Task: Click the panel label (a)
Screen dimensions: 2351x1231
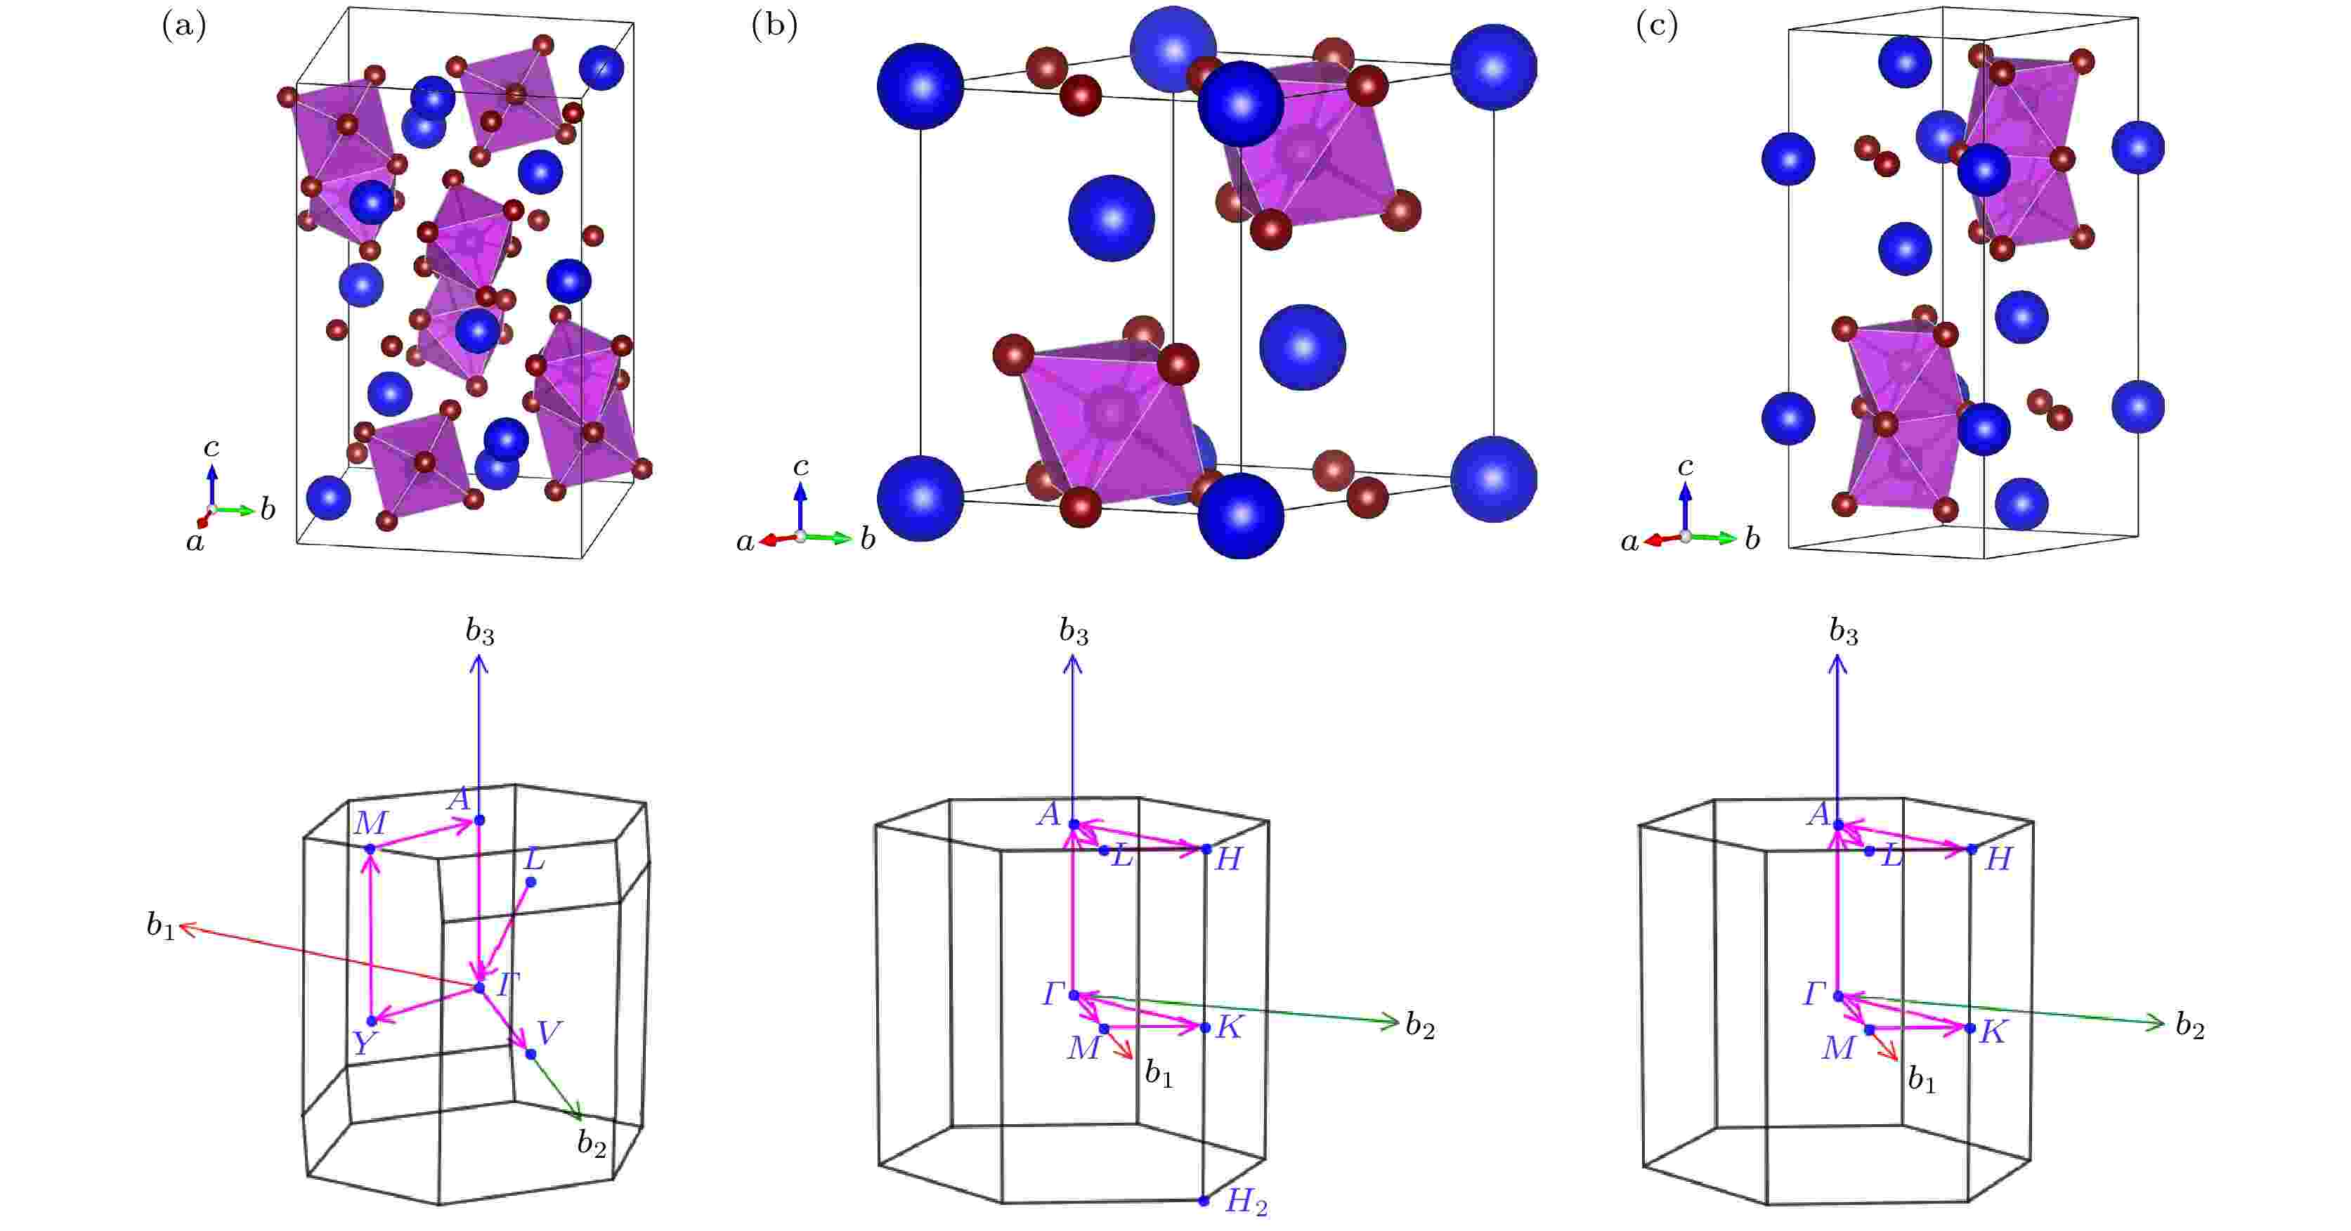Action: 184,27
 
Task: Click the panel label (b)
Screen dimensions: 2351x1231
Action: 774,27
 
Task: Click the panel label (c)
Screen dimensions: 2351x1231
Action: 1657,27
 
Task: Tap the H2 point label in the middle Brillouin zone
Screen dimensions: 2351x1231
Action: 1246,1204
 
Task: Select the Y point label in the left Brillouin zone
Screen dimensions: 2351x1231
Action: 364,1043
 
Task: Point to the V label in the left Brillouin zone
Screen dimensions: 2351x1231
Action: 549,1033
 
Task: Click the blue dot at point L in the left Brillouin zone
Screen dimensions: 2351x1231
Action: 531,882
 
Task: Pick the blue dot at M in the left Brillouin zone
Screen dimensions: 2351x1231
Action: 370,849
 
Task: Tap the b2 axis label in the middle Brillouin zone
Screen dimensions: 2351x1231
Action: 1420,1027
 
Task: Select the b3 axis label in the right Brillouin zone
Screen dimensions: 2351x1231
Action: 1844,632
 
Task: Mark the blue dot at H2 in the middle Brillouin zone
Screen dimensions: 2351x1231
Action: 1204,1201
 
